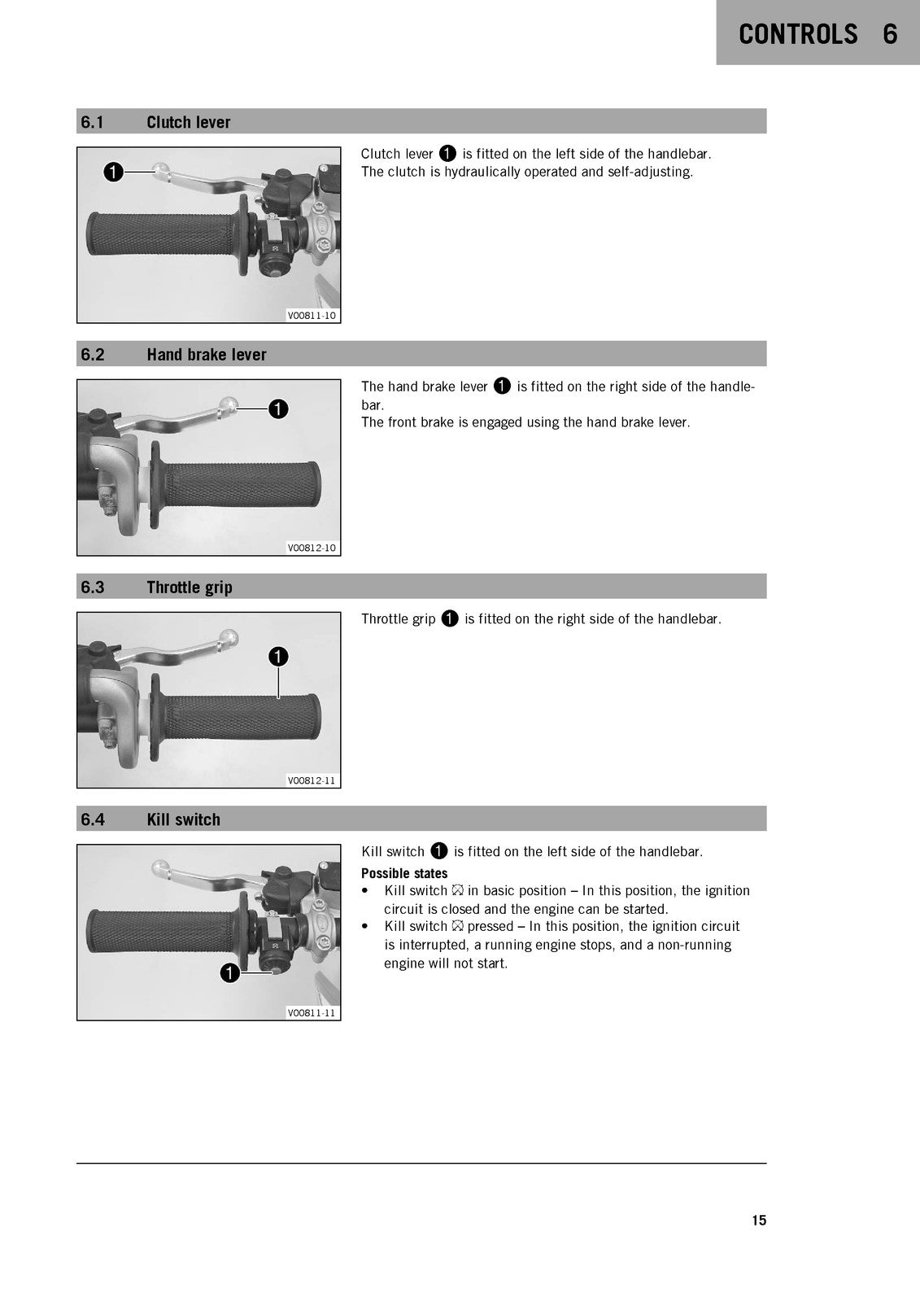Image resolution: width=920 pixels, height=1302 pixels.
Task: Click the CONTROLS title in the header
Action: [798, 34]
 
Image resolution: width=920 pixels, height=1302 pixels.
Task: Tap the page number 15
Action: [759, 1220]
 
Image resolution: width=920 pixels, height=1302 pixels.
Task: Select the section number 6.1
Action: [93, 122]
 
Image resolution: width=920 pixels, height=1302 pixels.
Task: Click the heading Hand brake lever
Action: [207, 355]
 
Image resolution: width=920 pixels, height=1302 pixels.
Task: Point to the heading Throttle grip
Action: [190, 588]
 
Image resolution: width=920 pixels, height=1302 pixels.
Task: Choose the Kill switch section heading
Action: [184, 819]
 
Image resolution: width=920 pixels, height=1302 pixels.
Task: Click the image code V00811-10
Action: [312, 316]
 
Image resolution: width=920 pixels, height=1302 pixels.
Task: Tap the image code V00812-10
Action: [312, 548]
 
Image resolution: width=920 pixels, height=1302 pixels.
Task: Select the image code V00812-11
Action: [312, 780]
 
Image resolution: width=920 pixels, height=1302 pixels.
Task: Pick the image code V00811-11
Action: [312, 1013]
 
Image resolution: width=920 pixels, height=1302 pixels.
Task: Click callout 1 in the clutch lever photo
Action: [113, 172]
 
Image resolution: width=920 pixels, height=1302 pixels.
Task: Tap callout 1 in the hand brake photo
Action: [278, 409]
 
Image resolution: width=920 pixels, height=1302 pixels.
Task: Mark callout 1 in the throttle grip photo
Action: [278, 657]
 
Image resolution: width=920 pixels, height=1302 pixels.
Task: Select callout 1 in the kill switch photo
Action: [230, 973]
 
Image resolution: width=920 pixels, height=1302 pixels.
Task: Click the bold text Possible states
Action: [404, 874]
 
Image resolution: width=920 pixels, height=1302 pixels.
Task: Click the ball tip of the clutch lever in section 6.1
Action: [161, 169]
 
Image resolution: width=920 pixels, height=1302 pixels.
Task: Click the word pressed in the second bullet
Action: [491, 927]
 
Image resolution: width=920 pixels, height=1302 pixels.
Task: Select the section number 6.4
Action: [93, 819]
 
